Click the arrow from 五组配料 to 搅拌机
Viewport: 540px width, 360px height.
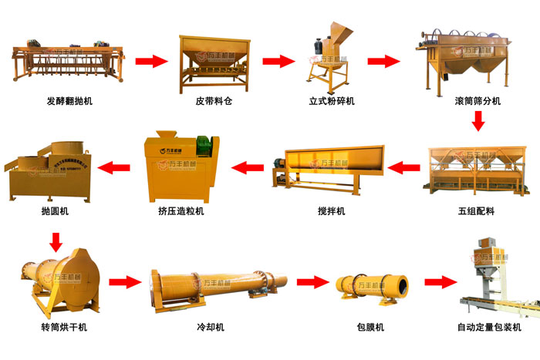[402, 165]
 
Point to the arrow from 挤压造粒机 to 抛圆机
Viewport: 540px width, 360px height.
[115, 165]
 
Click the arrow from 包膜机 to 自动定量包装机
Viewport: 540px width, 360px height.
[440, 282]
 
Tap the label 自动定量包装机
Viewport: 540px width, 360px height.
[489, 327]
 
